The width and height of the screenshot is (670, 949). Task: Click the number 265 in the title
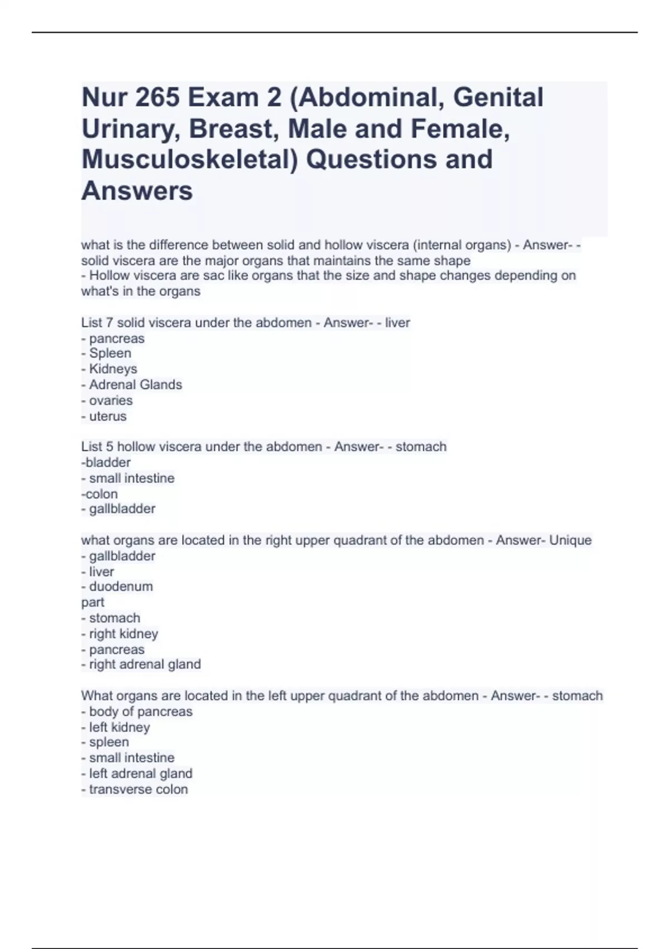tap(156, 98)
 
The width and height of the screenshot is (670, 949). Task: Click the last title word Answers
tap(137, 191)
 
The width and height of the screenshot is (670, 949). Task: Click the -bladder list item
tap(106, 462)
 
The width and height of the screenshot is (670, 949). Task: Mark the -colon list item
tap(99, 494)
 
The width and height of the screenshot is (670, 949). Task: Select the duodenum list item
tap(121, 587)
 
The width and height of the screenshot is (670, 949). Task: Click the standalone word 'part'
tap(93, 602)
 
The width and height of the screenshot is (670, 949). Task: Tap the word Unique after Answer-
tap(570, 540)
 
